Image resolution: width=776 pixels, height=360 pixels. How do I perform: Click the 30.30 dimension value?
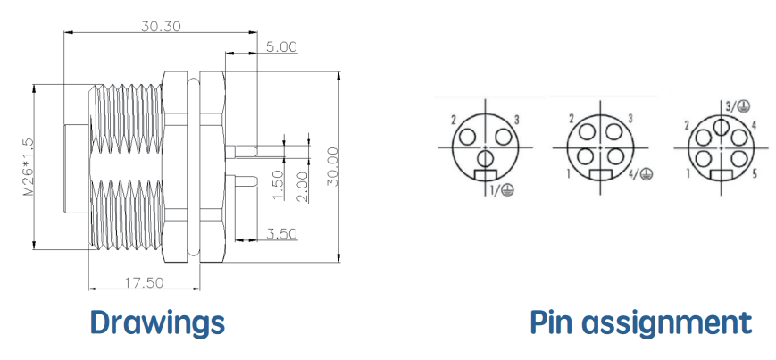(161, 26)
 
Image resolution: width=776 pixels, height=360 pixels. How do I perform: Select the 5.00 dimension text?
(281, 47)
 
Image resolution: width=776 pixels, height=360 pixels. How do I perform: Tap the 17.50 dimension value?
(144, 283)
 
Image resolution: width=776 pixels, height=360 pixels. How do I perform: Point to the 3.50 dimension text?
(281, 233)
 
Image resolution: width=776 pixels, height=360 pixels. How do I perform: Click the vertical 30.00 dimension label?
(334, 166)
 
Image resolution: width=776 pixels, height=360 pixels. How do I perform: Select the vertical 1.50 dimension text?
(279, 185)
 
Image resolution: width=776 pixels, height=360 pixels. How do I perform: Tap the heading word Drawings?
(157, 322)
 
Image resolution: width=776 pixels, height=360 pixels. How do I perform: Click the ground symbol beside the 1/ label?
(507, 189)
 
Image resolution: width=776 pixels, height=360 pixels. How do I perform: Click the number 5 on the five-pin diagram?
(755, 174)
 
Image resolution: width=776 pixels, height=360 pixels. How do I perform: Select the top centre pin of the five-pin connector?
(721, 127)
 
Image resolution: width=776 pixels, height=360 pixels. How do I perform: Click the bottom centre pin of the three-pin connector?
(486, 158)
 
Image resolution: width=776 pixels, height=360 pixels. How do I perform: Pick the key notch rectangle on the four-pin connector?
(601, 175)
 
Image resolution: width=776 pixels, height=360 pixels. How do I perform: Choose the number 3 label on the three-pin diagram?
(517, 120)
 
